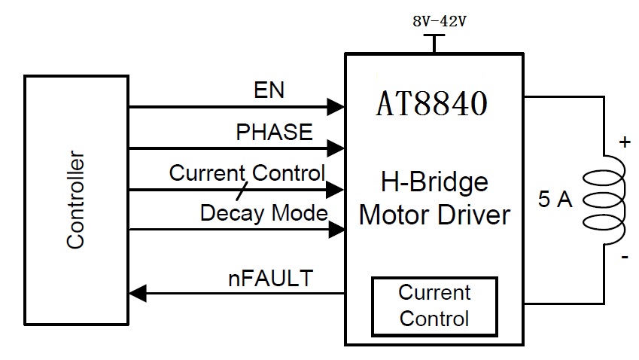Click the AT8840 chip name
click(431, 104)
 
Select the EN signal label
click(269, 91)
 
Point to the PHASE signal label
click(274, 133)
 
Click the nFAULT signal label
click(270, 279)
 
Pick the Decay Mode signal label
click(263, 213)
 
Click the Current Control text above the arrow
click(247, 172)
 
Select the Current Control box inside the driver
click(434, 306)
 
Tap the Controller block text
click(75, 200)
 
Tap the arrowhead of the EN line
click(336, 106)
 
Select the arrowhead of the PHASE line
click(336, 148)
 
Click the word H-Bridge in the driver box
click(434, 183)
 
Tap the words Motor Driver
click(434, 215)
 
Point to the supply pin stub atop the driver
click(434, 44)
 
